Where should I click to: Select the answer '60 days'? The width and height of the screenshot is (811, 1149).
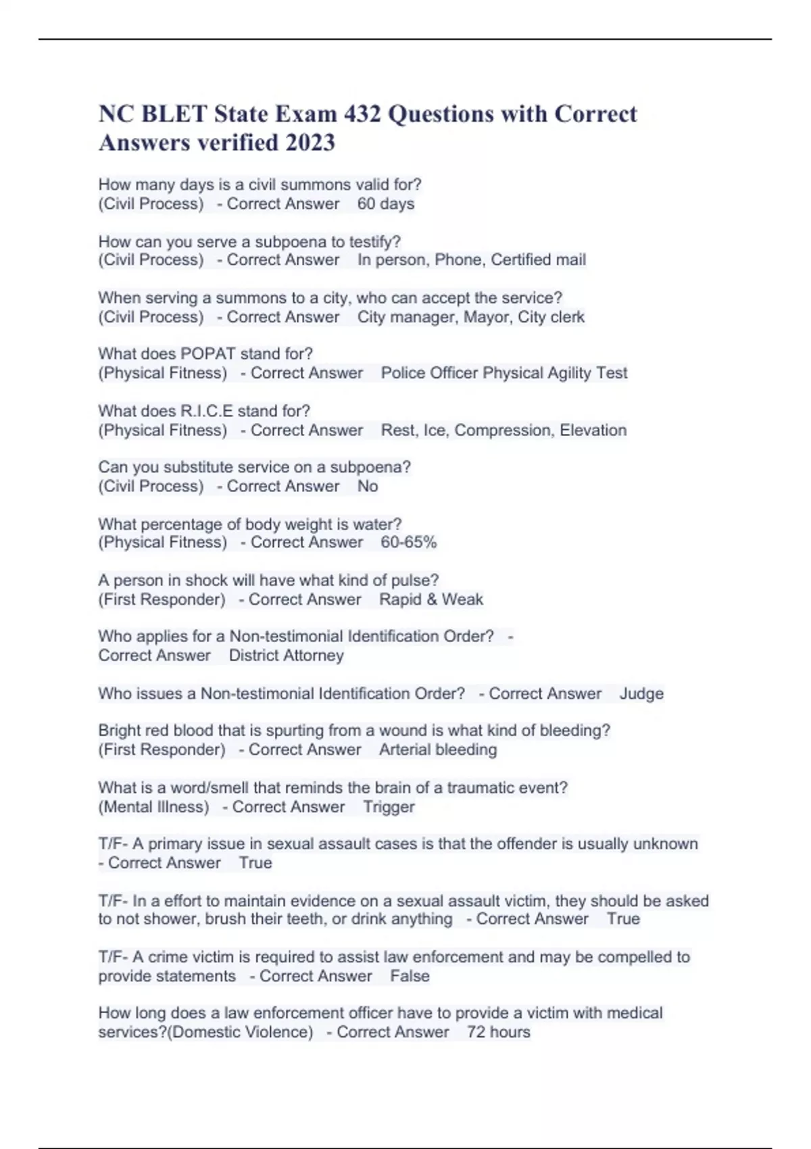pos(385,203)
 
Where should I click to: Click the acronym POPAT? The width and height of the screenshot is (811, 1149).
pos(208,353)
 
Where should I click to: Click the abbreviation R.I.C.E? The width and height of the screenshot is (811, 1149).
pos(214,411)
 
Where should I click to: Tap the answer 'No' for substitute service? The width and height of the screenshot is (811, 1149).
pos(368,486)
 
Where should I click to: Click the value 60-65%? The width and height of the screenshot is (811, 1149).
pos(408,542)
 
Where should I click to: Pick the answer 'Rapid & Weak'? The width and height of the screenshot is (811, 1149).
pos(431,600)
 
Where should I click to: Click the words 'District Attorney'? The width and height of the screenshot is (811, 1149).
pos(286,655)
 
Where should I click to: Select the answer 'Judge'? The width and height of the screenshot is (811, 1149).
pos(641,693)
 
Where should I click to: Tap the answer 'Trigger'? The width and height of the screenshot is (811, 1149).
pos(389,806)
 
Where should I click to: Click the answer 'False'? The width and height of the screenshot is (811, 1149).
pos(410,976)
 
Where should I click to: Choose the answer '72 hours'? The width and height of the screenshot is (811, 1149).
pos(498,1032)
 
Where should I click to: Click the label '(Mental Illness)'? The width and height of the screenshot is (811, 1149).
pos(153,806)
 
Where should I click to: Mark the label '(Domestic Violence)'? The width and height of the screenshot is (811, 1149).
pos(240,1032)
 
